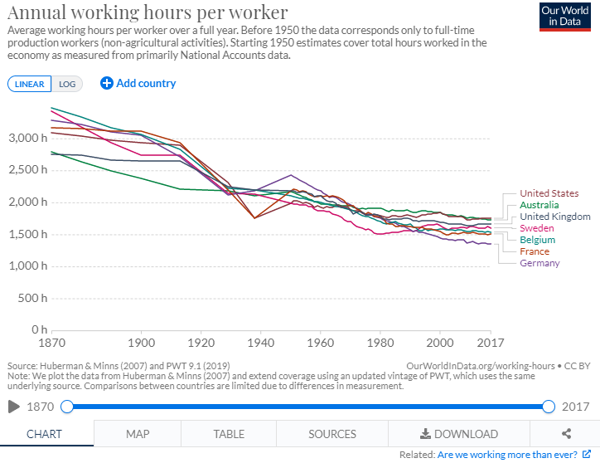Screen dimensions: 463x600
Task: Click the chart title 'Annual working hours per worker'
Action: click(148, 12)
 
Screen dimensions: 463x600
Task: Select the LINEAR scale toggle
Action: click(30, 84)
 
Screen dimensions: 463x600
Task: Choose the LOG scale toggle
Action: click(65, 84)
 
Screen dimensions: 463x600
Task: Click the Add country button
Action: click(138, 83)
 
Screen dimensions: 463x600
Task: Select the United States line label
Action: click(549, 193)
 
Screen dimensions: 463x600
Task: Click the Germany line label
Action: click(540, 263)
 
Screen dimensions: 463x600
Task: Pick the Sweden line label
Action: click(537, 228)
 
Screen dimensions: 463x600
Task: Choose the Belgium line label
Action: click(537, 240)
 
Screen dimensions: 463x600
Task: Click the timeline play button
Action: click(13, 407)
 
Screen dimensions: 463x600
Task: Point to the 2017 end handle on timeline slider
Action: click(548, 407)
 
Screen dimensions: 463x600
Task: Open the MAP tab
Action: click(138, 434)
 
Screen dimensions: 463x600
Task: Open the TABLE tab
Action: click(229, 434)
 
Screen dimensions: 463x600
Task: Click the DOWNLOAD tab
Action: click(459, 434)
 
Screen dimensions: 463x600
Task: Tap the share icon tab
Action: click(567, 434)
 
